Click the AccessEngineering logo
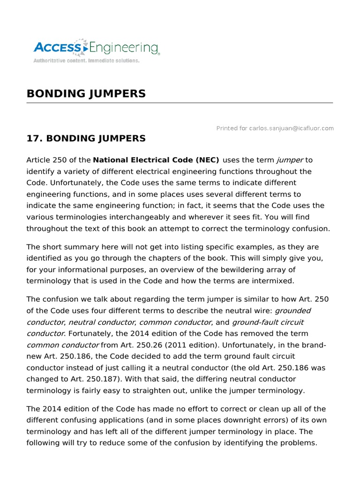96,48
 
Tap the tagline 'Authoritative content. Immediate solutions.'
86,60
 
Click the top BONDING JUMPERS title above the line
86,94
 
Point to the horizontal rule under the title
180,103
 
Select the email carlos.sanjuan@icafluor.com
291,128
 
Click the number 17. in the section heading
34,138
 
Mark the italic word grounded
292,311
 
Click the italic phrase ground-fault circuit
268,322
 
